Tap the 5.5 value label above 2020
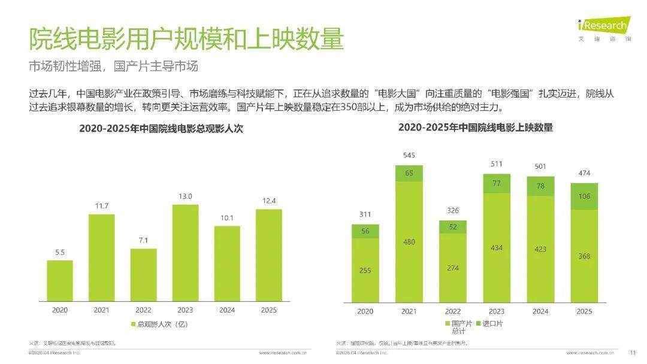tap(60, 253)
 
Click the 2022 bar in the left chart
tap(143, 275)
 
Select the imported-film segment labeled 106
tap(584, 196)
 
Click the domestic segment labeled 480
tap(409, 242)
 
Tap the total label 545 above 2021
tap(409, 156)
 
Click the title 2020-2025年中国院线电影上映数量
tap(475, 128)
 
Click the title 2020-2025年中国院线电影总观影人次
tap(161, 128)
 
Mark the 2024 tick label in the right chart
tap(540, 311)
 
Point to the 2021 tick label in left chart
tap(102, 310)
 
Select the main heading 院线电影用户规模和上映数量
tap(186, 39)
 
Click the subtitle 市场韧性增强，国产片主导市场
tap(113, 66)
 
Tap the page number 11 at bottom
tap(632, 353)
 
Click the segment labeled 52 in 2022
tap(452, 227)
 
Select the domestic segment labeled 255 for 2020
tap(365, 270)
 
